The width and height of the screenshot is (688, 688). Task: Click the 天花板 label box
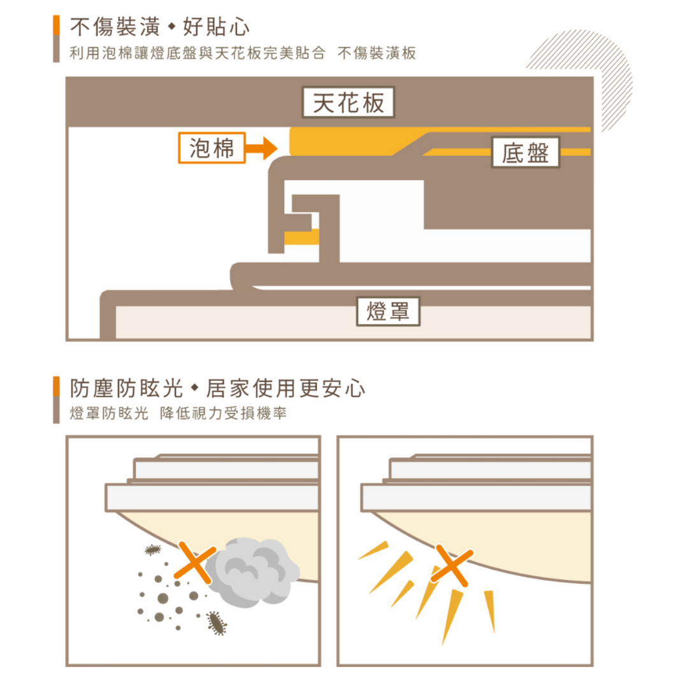[348, 102]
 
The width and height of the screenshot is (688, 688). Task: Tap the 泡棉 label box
[211, 148]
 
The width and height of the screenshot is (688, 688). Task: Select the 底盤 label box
[525, 152]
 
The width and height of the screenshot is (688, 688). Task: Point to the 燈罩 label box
[388, 311]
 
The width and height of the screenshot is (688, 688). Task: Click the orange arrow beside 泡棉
[262, 148]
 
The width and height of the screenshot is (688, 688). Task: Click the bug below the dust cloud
[217, 623]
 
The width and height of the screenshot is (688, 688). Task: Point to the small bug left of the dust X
[153, 549]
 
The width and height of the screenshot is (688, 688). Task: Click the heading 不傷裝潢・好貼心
[160, 27]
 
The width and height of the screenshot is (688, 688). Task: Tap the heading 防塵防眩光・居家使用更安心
[217, 389]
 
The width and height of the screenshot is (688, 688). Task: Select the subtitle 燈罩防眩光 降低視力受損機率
[178, 413]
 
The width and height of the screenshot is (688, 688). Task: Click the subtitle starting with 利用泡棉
[243, 53]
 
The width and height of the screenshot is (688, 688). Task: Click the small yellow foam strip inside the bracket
[301, 237]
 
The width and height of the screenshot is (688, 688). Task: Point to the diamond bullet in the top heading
[172, 27]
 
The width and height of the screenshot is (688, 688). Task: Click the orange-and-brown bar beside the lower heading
[56, 399]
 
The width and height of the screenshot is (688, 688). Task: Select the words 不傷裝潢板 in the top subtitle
[377, 53]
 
